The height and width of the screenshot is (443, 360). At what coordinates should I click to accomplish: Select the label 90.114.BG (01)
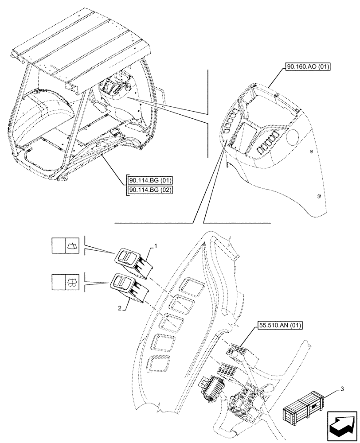[150, 180]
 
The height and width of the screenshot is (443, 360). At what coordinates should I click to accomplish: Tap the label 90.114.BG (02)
[150, 190]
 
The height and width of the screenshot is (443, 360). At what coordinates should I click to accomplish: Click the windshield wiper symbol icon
[71, 245]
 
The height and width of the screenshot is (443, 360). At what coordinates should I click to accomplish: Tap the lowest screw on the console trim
[319, 197]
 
